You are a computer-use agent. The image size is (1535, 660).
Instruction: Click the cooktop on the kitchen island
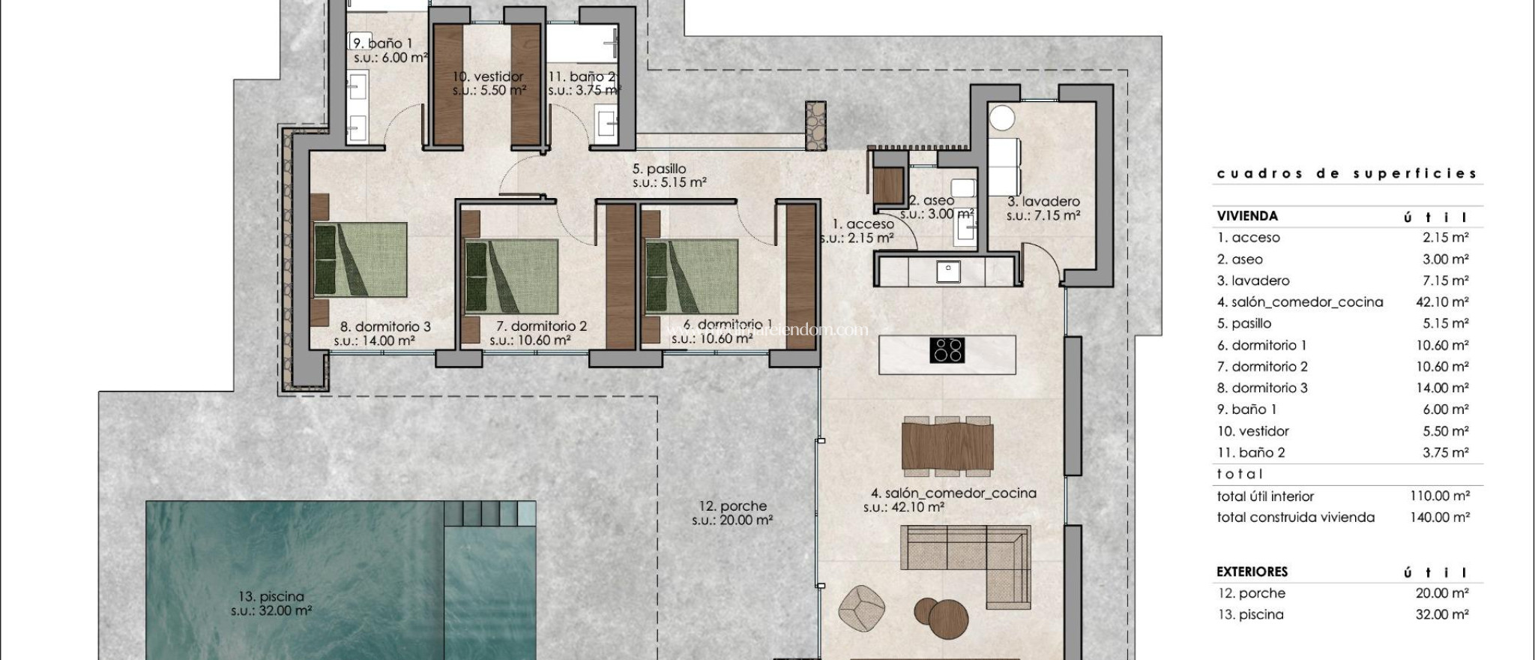pyautogui.click(x=947, y=350)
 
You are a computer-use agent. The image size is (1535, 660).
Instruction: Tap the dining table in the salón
pyautogui.click(x=947, y=445)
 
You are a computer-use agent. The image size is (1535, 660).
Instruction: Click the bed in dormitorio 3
pyautogui.click(x=361, y=259)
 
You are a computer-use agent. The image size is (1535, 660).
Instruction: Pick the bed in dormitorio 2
pyautogui.click(x=512, y=276)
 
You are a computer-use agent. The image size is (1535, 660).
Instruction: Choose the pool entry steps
pyautogui.click(x=489, y=514)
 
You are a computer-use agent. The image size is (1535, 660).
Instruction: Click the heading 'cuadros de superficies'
pyautogui.click(x=1346, y=174)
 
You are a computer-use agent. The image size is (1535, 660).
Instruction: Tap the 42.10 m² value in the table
pyautogui.click(x=1438, y=302)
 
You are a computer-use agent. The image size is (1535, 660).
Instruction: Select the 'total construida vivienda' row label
pyautogui.click(x=1295, y=517)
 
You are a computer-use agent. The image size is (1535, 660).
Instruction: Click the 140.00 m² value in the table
pyautogui.click(x=1438, y=517)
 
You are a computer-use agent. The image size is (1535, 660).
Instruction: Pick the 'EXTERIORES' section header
pyautogui.click(x=1252, y=571)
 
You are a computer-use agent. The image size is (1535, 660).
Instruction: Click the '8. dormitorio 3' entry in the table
pyautogui.click(x=1262, y=388)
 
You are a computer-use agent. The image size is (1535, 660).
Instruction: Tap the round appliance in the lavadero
pyautogui.click(x=1001, y=118)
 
